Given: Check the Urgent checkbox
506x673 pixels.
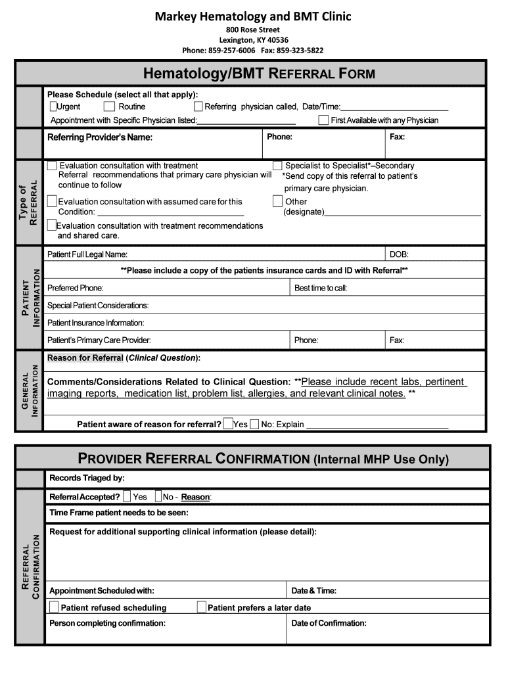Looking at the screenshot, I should pos(53,106).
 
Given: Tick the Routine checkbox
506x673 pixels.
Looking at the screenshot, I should pos(109,106).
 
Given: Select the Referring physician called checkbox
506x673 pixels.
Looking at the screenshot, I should pos(198,106).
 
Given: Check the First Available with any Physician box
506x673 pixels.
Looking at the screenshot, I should pos(323,120).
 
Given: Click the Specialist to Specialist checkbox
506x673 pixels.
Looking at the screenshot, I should pos(277,166).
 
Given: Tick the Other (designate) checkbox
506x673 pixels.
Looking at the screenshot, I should pos(277,201).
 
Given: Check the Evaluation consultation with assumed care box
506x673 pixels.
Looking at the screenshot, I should pos(52,201).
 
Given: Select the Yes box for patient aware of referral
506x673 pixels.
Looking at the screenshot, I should pos(228,424).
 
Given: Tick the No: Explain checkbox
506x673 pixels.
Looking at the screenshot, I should pos(254,424).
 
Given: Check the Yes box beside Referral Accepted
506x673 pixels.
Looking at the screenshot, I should pos(126,496).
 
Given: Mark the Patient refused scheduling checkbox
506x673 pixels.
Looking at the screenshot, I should pos(54,607).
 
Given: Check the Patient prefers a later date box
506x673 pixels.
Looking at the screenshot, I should pos(202,607).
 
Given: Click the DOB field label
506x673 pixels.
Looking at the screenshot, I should pos(400,254).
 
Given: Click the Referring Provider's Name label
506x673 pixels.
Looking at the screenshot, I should pos(100,137).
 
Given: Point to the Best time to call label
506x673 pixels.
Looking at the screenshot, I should pos(321,288).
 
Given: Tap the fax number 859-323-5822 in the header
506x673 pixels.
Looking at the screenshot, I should pos(300,51).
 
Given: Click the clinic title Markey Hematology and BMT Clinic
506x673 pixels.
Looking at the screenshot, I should pos(253,16).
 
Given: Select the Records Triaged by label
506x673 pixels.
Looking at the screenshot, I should pos(87,478).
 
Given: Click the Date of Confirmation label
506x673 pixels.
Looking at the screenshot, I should pos(329,623).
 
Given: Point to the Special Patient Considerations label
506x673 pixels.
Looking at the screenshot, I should pos(98,306).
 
